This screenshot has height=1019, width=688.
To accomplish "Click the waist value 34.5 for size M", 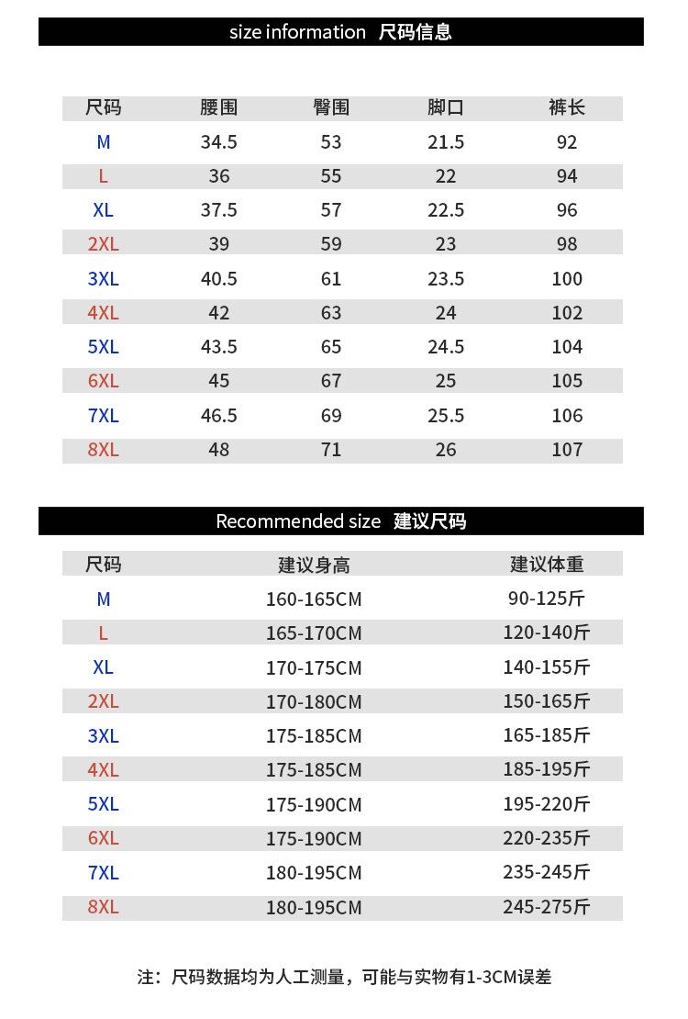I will coord(218,142).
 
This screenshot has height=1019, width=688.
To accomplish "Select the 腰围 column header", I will coord(218,107).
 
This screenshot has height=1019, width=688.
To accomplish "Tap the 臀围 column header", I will coord(331,107).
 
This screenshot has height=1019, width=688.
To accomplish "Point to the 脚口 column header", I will coord(446,107).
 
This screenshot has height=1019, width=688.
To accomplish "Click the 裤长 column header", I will coord(567,107).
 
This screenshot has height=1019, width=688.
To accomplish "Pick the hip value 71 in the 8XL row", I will coord(331,450).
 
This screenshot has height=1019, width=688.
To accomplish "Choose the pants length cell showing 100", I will coord(567,279).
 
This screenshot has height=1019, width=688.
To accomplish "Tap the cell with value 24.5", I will coord(446,347).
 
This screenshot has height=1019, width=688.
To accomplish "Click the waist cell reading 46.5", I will coord(218,416).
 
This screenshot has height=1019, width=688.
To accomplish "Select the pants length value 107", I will coord(567,450).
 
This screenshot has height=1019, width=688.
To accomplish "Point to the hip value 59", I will coord(331,244).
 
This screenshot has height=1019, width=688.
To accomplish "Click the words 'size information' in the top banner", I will coord(297,32).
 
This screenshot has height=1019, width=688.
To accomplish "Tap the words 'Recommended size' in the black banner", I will coord(297,521).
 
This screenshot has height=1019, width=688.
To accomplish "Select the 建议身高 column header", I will coord(314,564).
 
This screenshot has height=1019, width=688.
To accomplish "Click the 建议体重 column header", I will coord(547,564).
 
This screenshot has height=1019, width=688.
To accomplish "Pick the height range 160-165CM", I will coord(314,599).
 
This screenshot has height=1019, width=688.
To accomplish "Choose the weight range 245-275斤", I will coord(546,907).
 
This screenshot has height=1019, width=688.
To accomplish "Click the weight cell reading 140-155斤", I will coord(546,667).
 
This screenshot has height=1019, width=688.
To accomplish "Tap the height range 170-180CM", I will coord(314,702).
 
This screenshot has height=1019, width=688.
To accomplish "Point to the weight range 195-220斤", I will coord(546,804).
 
